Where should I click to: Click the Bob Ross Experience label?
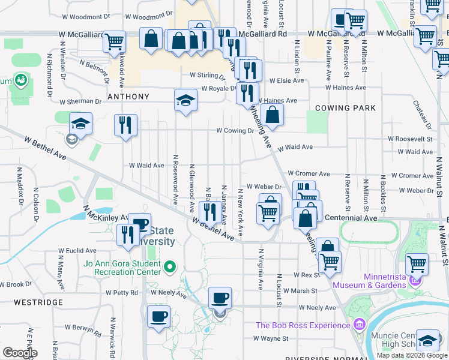coord(303,325)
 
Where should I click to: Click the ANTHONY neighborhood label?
coord(128,97)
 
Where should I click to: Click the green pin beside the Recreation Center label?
coord(170,266)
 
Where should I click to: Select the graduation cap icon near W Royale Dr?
coord(186,100)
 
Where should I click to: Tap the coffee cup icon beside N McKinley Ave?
coord(140,224)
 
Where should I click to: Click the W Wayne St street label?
coord(271,338)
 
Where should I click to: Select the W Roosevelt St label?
coord(410,139)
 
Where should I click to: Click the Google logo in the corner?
coord(20,352)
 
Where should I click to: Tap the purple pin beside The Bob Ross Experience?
coord(359,325)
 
